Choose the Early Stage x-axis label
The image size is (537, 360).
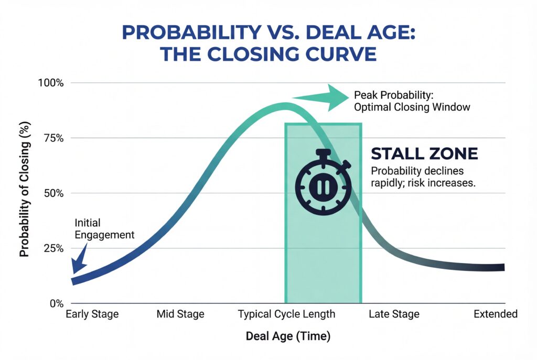92,314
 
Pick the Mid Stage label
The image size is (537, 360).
180,314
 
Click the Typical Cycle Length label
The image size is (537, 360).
286,314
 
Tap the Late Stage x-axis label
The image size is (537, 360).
394,314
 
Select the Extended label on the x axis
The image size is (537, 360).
496,314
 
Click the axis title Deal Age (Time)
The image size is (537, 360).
288,336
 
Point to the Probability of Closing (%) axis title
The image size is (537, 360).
24,193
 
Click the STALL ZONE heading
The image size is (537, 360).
424,154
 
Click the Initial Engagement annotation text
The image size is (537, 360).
104,228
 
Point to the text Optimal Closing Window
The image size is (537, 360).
412,107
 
